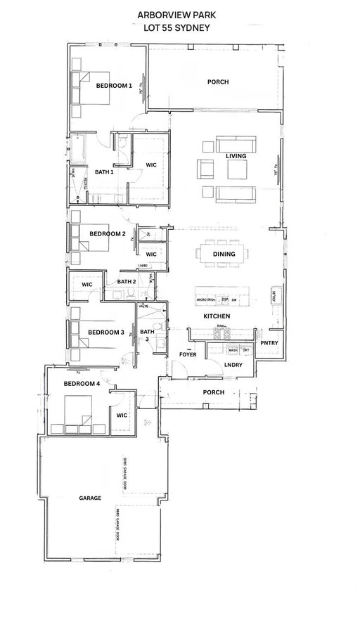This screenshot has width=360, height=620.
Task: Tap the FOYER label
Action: pyautogui.click(x=187, y=354)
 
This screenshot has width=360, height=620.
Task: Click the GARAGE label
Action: pyautogui.click(x=90, y=498)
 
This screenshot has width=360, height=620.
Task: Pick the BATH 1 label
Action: pyautogui.click(x=105, y=172)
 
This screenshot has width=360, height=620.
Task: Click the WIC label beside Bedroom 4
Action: pyautogui.click(x=120, y=415)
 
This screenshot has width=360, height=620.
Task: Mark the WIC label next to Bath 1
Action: pyautogui.click(x=150, y=165)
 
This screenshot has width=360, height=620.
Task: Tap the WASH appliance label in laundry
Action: pyautogui.click(x=231, y=350)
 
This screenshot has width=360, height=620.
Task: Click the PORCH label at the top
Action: pyautogui.click(x=217, y=82)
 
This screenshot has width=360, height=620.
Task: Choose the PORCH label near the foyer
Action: pyautogui.click(x=213, y=392)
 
